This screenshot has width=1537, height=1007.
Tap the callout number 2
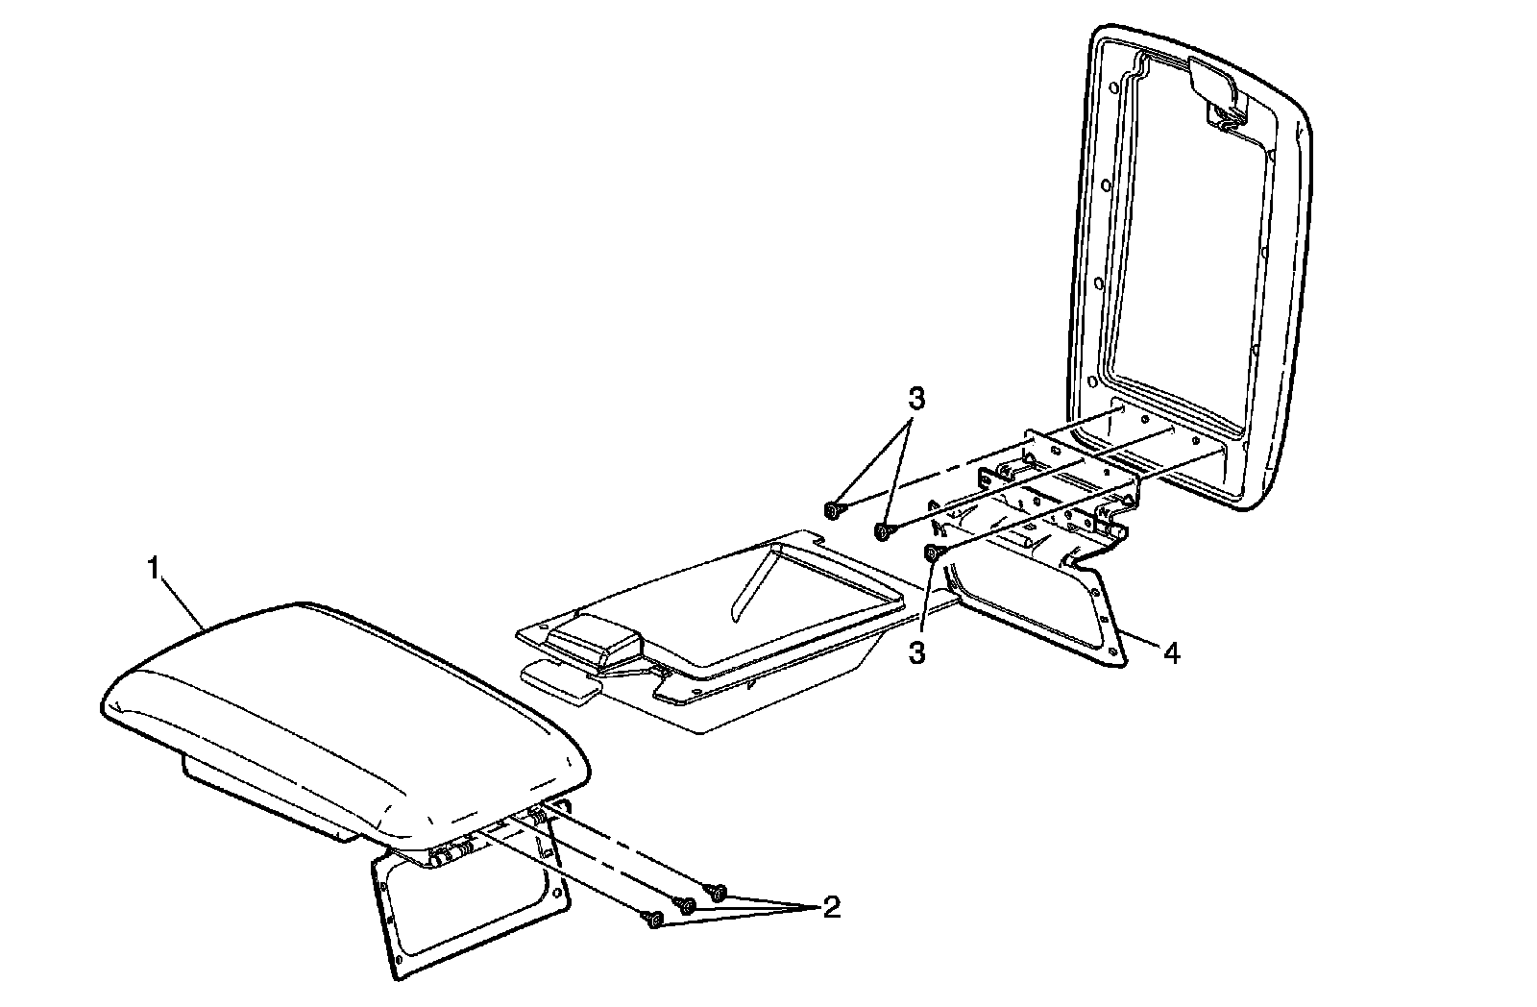click(831, 906)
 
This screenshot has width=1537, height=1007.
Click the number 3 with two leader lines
click(917, 398)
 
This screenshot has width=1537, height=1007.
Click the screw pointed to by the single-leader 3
click(931, 552)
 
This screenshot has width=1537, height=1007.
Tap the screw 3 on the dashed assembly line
click(832, 508)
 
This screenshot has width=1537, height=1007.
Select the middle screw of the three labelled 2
click(686, 904)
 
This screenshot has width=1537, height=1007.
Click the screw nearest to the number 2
click(717, 892)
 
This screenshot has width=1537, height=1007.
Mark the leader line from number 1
click(183, 601)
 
